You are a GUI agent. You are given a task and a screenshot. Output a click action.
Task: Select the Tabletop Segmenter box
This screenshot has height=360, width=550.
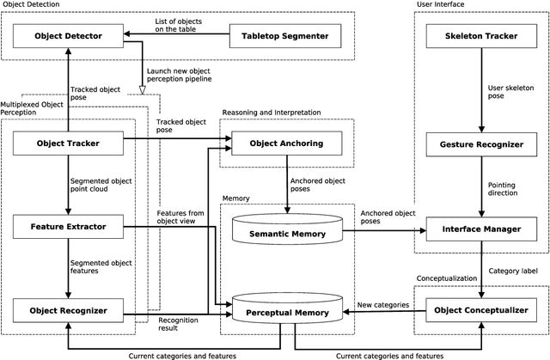tap(284, 36)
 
